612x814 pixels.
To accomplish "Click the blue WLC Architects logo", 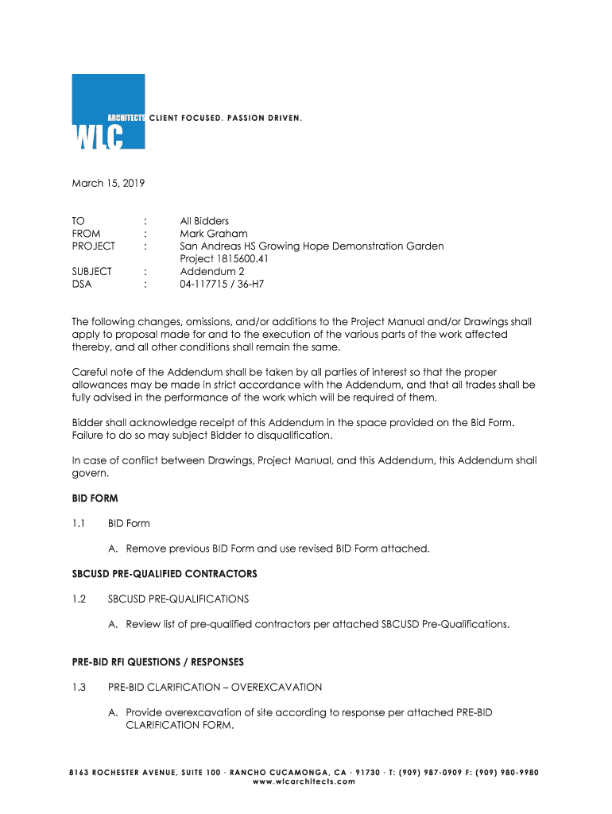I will [108, 111].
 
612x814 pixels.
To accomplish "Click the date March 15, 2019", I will [108, 184].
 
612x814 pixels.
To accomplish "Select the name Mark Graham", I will [214, 234].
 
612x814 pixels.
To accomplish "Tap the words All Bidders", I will [204, 221].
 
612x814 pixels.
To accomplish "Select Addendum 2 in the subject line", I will [212, 271].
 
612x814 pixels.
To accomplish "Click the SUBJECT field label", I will [92, 271].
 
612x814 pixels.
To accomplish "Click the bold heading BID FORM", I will [95, 498].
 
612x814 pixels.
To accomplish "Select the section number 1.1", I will [79, 523].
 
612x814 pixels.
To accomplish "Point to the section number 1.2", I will [79, 599].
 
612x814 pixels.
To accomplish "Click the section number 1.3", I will [79, 687].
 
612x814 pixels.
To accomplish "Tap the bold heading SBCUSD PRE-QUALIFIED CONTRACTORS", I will [165, 574].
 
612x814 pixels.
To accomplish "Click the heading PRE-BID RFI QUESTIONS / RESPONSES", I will [158, 662].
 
